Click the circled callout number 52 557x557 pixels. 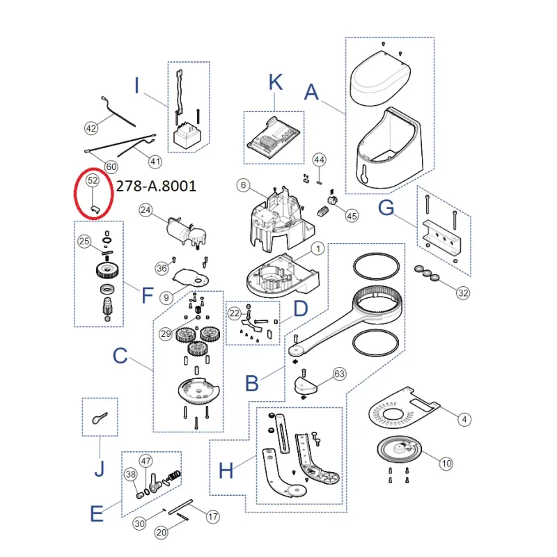(x=93, y=180)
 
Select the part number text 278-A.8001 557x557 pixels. (x=156, y=186)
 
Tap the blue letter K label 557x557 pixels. (x=276, y=82)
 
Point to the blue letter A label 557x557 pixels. (x=311, y=92)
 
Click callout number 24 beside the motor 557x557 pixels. (x=146, y=210)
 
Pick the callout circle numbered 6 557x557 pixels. (x=243, y=185)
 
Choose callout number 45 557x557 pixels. (x=352, y=216)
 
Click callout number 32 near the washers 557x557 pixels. (x=463, y=293)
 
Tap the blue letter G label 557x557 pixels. (x=386, y=207)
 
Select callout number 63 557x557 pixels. (x=339, y=374)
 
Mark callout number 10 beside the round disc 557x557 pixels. (x=446, y=464)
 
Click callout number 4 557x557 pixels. (x=464, y=420)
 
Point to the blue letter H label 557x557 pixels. (x=226, y=471)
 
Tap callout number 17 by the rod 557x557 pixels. (x=213, y=517)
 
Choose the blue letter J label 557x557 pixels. (x=100, y=469)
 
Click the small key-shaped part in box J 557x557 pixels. (x=99, y=418)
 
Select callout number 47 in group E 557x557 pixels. (x=146, y=461)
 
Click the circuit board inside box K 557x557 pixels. (x=273, y=138)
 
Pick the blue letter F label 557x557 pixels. (x=148, y=295)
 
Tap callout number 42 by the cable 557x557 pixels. (x=91, y=128)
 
